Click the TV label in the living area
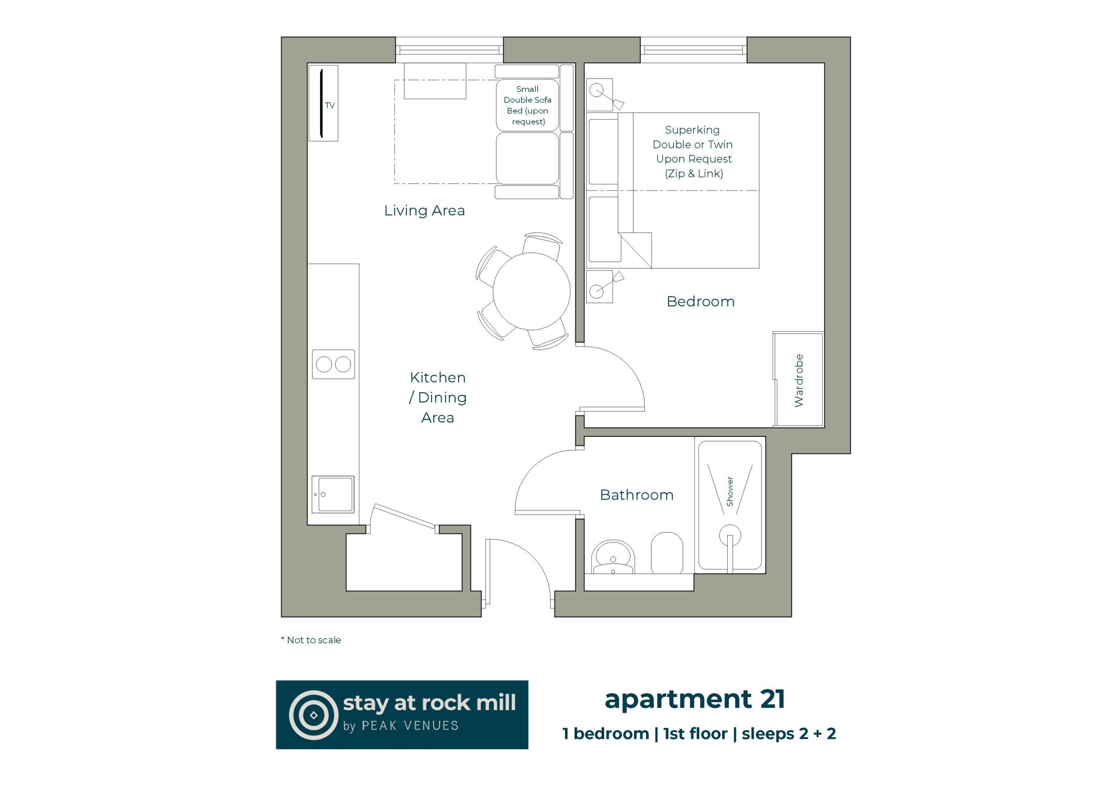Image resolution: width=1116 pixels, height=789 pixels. [x=330, y=105]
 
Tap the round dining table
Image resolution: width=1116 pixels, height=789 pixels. [x=531, y=291]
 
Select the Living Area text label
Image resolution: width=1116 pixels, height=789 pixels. [x=424, y=211]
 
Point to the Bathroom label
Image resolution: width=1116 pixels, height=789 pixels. [x=637, y=495]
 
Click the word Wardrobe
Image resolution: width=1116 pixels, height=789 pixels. [x=799, y=381]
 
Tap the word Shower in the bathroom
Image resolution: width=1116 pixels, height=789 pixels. [x=730, y=491]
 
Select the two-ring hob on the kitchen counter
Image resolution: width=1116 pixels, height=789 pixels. [x=333, y=364]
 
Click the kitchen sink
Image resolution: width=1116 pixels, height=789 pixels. [x=333, y=494]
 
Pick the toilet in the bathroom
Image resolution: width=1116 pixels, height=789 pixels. [x=667, y=553]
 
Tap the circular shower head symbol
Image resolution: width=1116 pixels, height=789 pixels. [x=730, y=536]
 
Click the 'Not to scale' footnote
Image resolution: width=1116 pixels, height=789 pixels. [x=311, y=640]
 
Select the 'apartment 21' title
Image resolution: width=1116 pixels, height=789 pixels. [x=694, y=700]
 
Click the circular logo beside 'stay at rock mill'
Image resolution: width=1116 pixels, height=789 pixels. [x=313, y=715]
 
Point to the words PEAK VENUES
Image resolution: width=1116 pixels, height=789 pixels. [x=410, y=726]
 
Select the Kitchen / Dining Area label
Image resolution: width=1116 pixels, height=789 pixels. [x=438, y=398]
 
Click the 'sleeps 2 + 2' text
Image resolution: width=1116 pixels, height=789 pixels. [x=789, y=734]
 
